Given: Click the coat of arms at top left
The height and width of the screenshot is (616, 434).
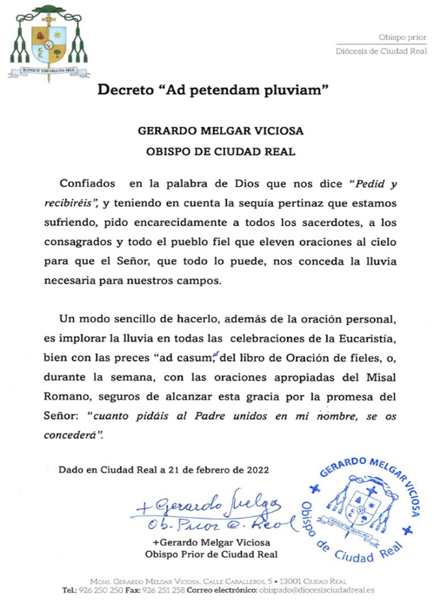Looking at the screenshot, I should pyautogui.click(x=48, y=42).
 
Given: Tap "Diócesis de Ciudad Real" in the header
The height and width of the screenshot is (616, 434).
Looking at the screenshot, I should pyautogui.click(x=381, y=51).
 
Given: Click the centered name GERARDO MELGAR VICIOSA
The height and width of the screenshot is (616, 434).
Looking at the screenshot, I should pyautogui.click(x=211, y=132).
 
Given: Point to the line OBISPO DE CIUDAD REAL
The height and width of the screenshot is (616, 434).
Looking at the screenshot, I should pyautogui.click(x=211, y=151).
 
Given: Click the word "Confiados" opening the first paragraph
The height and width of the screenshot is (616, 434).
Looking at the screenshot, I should pyautogui.click(x=87, y=184).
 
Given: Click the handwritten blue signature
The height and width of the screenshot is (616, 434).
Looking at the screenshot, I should pyautogui.click(x=211, y=512).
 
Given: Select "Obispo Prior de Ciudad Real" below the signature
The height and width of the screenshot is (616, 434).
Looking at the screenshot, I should pyautogui.click(x=211, y=554).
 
